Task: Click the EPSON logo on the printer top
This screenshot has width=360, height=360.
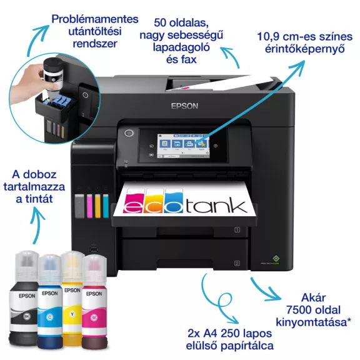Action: click(184, 106)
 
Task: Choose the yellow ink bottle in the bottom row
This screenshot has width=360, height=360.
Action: click(72, 303)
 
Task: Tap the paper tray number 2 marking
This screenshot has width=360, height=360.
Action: click(237, 263)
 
